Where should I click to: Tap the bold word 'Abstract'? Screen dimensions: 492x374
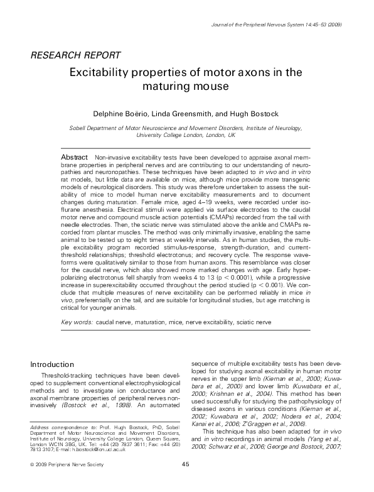(73, 155)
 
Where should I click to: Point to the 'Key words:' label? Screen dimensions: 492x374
(77, 322)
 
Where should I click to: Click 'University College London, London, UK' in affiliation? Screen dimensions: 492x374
(186, 135)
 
